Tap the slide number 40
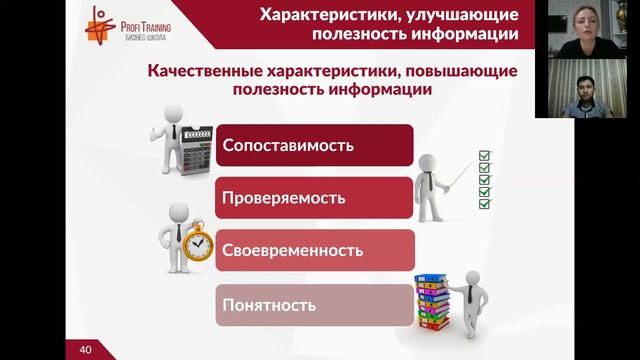pos(85,349)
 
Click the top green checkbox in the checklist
pos(485,155)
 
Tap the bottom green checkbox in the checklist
pos(485,204)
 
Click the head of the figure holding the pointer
pos(429,161)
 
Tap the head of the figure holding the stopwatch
pos(179,214)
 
